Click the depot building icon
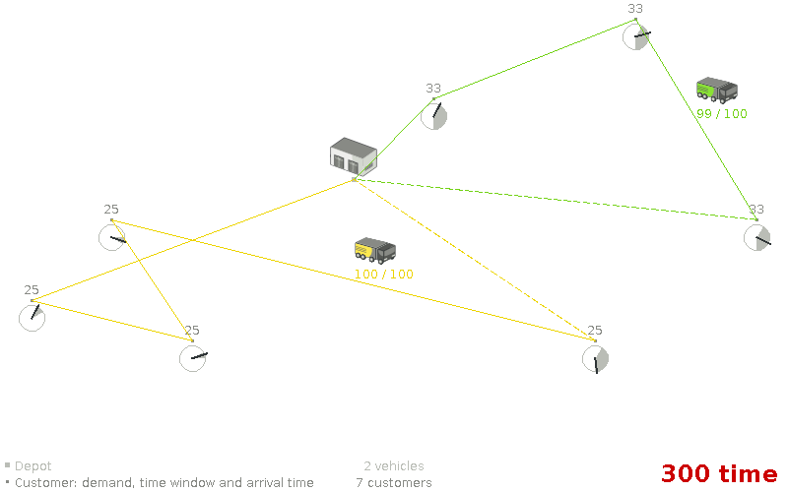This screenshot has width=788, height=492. point(353,157)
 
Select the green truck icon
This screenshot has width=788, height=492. point(716,91)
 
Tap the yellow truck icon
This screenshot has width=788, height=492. point(375,251)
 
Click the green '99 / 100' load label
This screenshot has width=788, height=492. point(721,114)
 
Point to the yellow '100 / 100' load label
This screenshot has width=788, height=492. point(384,275)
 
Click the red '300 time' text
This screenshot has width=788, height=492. point(718,473)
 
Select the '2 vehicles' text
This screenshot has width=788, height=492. point(394,466)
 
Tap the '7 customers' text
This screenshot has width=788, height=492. point(394,483)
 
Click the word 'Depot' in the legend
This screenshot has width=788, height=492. point(33,466)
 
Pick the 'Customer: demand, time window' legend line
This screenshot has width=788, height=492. point(164,483)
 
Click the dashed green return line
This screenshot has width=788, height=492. point(552,199)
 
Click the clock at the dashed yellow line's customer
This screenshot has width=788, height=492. point(595,359)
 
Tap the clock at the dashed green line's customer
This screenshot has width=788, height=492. point(756,237)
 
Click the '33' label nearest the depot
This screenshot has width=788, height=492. point(433,89)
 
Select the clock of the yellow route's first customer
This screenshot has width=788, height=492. point(33,317)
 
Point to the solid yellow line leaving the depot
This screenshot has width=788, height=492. point(197,238)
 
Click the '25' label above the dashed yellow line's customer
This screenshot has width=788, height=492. point(595,331)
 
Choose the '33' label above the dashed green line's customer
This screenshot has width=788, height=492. point(756,210)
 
